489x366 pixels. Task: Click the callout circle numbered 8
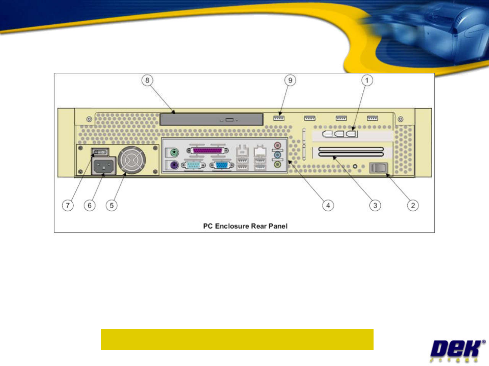(147, 80)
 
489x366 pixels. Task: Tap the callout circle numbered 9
(290, 80)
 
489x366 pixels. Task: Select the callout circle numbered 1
(367, 80)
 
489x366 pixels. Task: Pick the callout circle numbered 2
(413, 205)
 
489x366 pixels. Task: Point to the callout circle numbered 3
(375, 205)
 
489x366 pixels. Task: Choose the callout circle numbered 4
(328, 205)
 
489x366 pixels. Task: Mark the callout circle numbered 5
(111, 205)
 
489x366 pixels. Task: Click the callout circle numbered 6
(90, 205)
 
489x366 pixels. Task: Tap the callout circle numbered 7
(68, 205)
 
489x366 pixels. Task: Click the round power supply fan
(132, 160)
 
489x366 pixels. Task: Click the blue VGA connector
(222, 165)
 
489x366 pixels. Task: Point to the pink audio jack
(277, 146)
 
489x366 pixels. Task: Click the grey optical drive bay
(211, 119)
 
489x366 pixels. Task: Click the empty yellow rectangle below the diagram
(237, 339)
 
